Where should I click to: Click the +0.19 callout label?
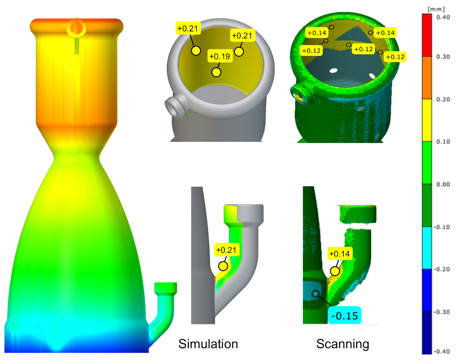click(220, 56)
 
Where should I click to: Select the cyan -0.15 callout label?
click(345, 315)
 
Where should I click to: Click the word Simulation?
click(208, 344)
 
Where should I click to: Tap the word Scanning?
click(343, 344)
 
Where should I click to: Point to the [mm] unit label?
click(436, 10)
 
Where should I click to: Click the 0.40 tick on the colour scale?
click(443, 17)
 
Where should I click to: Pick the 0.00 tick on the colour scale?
click(443, 184)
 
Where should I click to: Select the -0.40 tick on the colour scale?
click(442, 351)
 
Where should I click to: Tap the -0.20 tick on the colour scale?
click(442, 269)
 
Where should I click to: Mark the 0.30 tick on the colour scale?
click(443, 56)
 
